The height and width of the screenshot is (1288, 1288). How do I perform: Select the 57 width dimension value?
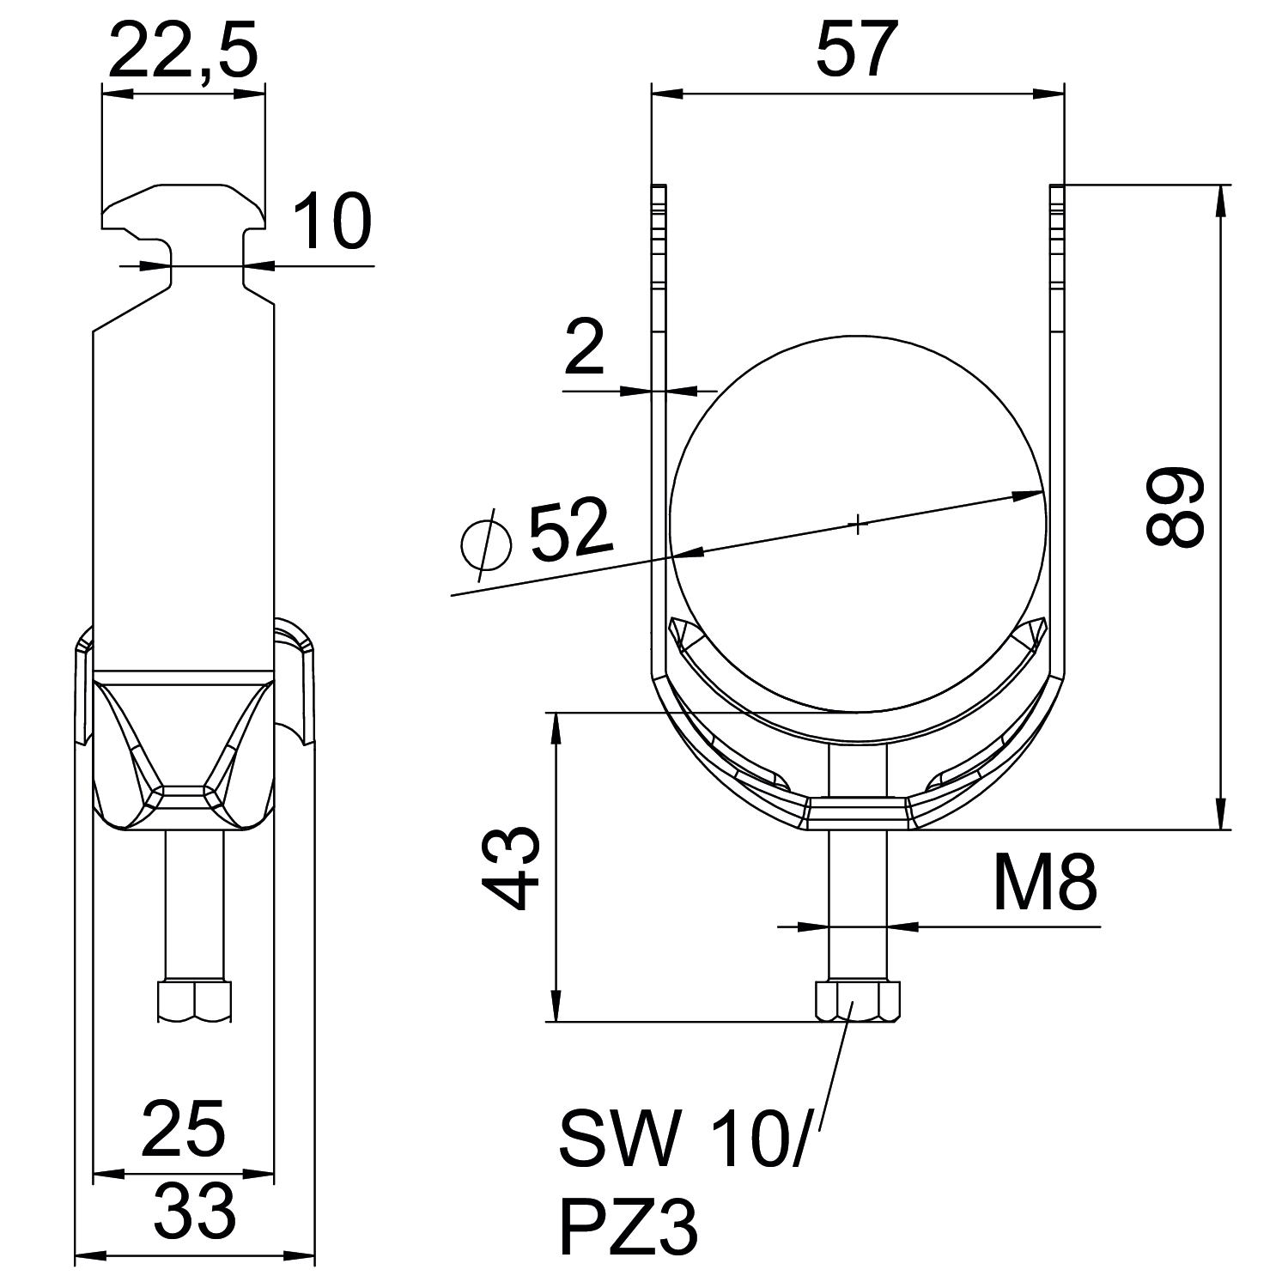[856, 52]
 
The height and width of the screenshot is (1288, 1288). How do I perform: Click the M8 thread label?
[1044, 885]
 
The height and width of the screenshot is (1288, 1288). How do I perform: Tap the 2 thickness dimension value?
[586, 349]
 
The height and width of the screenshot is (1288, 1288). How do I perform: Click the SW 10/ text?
[683, 1140]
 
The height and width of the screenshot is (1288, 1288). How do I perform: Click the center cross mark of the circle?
[858, 523]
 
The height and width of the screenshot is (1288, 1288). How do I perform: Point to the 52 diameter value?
[571, 530]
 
